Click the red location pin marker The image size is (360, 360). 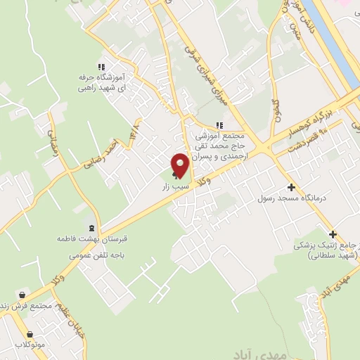coord(180,165)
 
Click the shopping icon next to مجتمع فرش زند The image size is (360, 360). coord(23,295)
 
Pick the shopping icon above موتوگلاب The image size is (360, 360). coord(29,335)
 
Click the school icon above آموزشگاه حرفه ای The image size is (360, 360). coord(103,67)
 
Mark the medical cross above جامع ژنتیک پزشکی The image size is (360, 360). coord(333,234)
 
